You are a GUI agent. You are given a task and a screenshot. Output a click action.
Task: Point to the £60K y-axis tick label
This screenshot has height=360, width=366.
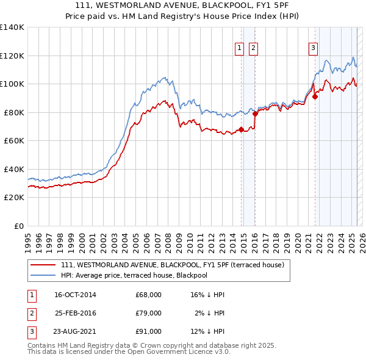pyautogui.click(x=15, y=141)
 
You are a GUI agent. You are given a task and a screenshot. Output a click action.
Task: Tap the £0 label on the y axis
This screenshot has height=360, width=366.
pyautogui.click(x=20, y=226)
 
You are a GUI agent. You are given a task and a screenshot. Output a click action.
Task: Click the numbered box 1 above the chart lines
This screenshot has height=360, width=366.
pyautogui.click(x=239, y=48)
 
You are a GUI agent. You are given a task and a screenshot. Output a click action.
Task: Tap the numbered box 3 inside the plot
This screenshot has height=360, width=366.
pyautogui.click(x=313, y=48)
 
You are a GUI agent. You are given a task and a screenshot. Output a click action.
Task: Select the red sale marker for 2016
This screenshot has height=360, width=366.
pyautogui.click(x=256, y=113)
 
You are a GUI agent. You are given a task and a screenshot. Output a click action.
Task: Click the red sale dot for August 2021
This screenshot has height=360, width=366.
pyautogui.click(x=315, y=96)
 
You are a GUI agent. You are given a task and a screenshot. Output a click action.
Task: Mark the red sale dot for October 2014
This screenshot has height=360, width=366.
pyautogui.click(x=241, y=129)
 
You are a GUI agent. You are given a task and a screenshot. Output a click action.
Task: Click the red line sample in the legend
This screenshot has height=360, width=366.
pyautogui.click(x=44, y=265)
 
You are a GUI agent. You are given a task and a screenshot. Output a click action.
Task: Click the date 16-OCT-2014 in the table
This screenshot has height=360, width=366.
pyautogui.click(x=75, y=295)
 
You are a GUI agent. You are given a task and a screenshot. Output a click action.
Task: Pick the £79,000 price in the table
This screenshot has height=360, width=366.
pyautogui.click(x=148, y=313)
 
